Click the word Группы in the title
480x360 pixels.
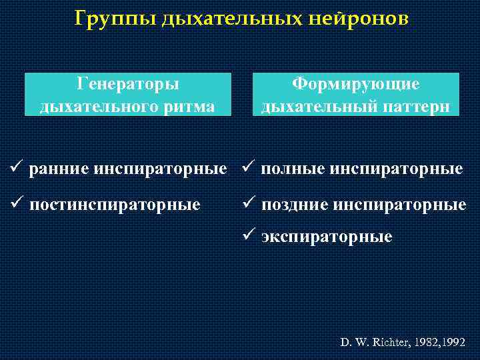click(115, 19)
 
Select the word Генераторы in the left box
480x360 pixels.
click(128, 85)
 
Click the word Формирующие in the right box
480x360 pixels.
click(357, 85)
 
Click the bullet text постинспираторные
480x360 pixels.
click(115, 205)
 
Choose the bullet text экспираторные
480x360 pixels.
click(327, 237)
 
